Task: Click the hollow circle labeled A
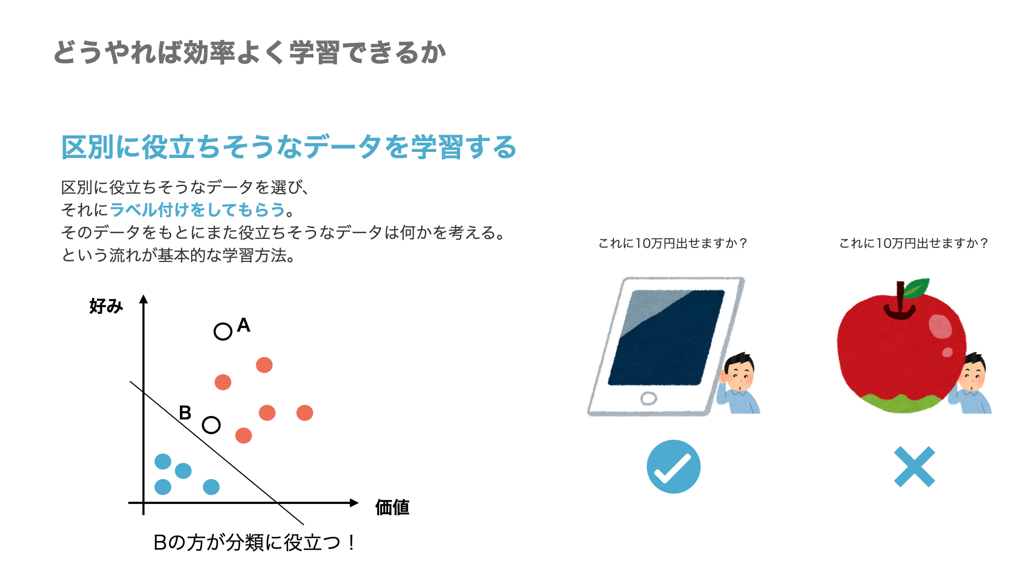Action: pyautogui.click(x=223, y=331)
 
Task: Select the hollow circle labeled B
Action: pyautogui.click(x=211, y=425)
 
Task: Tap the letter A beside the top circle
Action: pyautogui.click(x=243, y=325)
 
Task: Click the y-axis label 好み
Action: pyautogui.click(x=106, y=306)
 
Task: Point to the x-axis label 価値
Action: pyautogui.click(x=392, y=507)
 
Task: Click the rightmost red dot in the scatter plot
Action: pyautogui.click(x=305, y=413)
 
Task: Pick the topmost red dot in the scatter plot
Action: pyautogui.click(x=264, y=365)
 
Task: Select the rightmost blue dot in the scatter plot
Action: pyautogui.click(x=211, y=487)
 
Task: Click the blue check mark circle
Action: pyautogui.click(x=673, y=467)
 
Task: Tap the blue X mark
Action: pyautogui.click(x=914, y=467)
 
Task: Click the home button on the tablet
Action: pyautogui.click(x=649, y=399)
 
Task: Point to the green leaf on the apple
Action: pyautogui.click(x=917, y=288)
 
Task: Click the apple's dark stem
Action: pyautogui.click(x=900, y=302)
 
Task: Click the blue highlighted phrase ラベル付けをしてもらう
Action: pyautogui.click(x=197, y=210)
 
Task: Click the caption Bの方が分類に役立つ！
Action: pyautogui.click(x=254, y=542)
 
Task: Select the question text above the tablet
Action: pyautogui.click(x=673, y=244)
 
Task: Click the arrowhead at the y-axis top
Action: pyautogui.click(x=143, y=299)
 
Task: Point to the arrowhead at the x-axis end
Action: pyautogui.click(x=354, y=503)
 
